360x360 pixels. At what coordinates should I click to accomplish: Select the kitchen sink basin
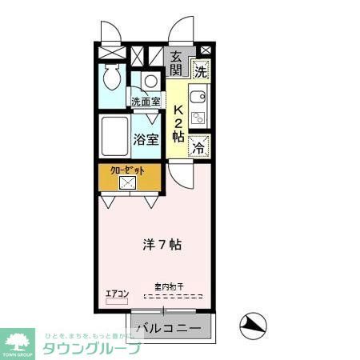200,99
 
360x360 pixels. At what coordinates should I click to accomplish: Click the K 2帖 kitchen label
180,121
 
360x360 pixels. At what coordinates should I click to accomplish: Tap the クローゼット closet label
127,170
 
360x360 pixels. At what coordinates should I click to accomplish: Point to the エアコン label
117,294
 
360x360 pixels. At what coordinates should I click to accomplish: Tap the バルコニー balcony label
167,328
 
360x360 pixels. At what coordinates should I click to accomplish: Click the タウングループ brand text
90,348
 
